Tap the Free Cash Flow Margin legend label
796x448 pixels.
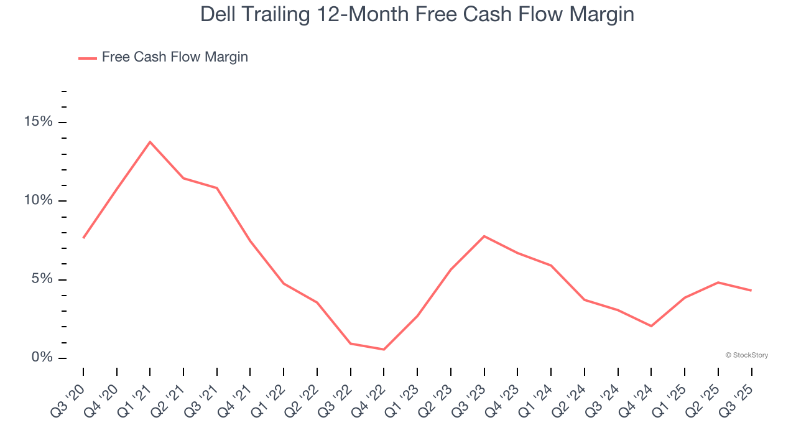(x=175, y=57)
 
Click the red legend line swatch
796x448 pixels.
(x=87, y=58)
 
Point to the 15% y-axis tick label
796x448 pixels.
(x=38, y=122)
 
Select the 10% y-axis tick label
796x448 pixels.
(x=38, y=200)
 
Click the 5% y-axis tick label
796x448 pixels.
(x=42, y=279)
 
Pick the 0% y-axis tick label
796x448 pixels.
(x=42, y=358)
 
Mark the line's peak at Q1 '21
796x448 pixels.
(x=150, y=142)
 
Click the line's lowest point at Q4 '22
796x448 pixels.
(x=384, y=350)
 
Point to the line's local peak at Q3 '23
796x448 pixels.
(x=484, y=236)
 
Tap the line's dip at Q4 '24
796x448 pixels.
(x=651, y=326)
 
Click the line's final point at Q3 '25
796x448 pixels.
(x=751, y=291)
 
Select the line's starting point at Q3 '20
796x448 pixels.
(x=83, y=238)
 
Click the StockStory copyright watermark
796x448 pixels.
(x=746, y=355)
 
